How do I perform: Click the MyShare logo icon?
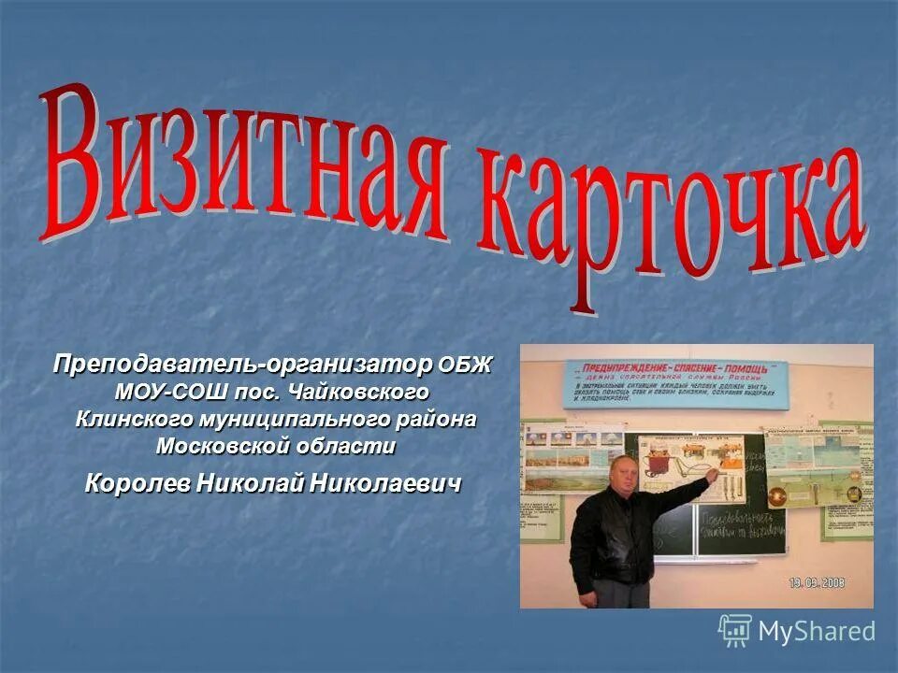pos(735,630)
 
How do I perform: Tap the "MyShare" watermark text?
pos(817,631)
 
